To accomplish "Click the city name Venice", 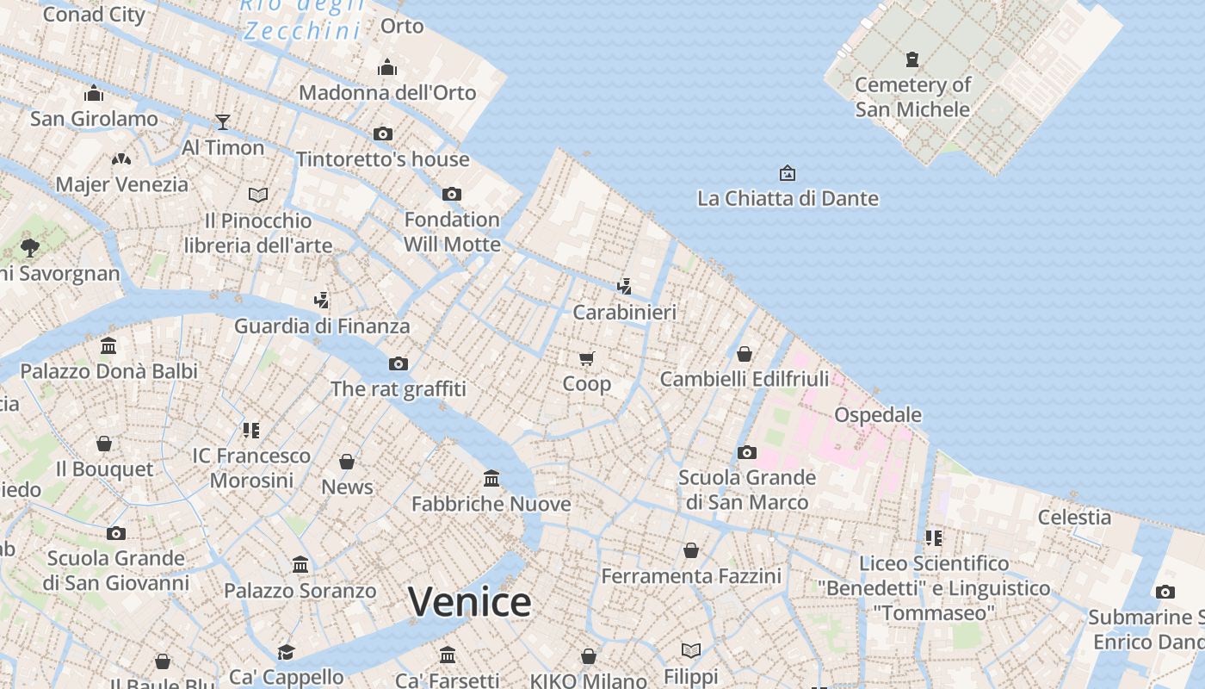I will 469,601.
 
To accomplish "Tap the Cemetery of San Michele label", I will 912,96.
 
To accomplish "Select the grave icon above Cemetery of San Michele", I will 912,59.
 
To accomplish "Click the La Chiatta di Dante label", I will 788,198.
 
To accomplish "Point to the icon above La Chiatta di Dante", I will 787,173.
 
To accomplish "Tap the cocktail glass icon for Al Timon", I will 223,121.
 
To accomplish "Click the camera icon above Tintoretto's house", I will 383,133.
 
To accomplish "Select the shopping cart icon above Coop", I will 586,358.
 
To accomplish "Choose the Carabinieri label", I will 625,312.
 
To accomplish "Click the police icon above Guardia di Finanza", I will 322,300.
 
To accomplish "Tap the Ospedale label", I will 878,414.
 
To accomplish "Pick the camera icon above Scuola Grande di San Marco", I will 746,452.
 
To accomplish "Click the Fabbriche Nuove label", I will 491,504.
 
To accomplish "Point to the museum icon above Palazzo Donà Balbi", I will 108,345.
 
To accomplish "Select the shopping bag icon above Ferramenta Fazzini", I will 691,549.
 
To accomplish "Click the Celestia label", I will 1074,517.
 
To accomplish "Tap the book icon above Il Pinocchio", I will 258,195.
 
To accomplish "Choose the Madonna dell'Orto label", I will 387,92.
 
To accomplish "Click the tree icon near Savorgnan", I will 30,248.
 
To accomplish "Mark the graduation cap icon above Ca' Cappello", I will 286,652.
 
